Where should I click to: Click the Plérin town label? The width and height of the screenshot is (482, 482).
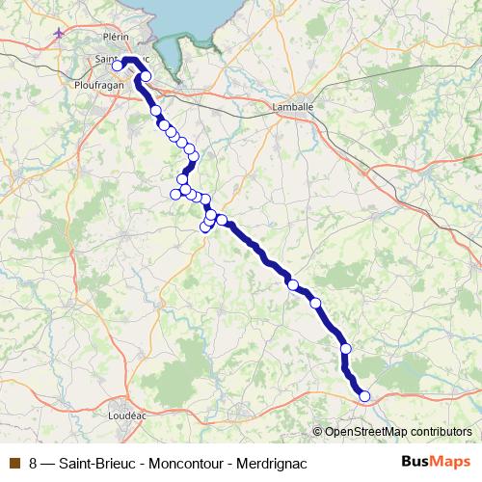click(x=115, y=36)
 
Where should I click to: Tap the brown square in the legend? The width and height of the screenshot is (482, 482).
click(x=13, y=463)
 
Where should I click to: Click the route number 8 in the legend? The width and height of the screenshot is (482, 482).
click(x=34, y=463)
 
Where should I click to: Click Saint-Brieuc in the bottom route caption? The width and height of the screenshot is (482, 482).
click(x=98, y=463)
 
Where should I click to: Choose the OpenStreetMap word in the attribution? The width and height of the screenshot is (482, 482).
click(x=364, y=431)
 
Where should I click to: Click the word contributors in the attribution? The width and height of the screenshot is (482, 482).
click(x=440, y=431)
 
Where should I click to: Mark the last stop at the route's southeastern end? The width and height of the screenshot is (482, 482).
click(x=364, y=395)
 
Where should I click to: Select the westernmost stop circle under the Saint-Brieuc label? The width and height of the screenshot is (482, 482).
click(x=117, y=67)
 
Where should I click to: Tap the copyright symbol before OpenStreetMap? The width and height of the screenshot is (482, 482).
click(x=319, y=431)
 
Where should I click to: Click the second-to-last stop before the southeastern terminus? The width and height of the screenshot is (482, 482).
click(x=345, y=348)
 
